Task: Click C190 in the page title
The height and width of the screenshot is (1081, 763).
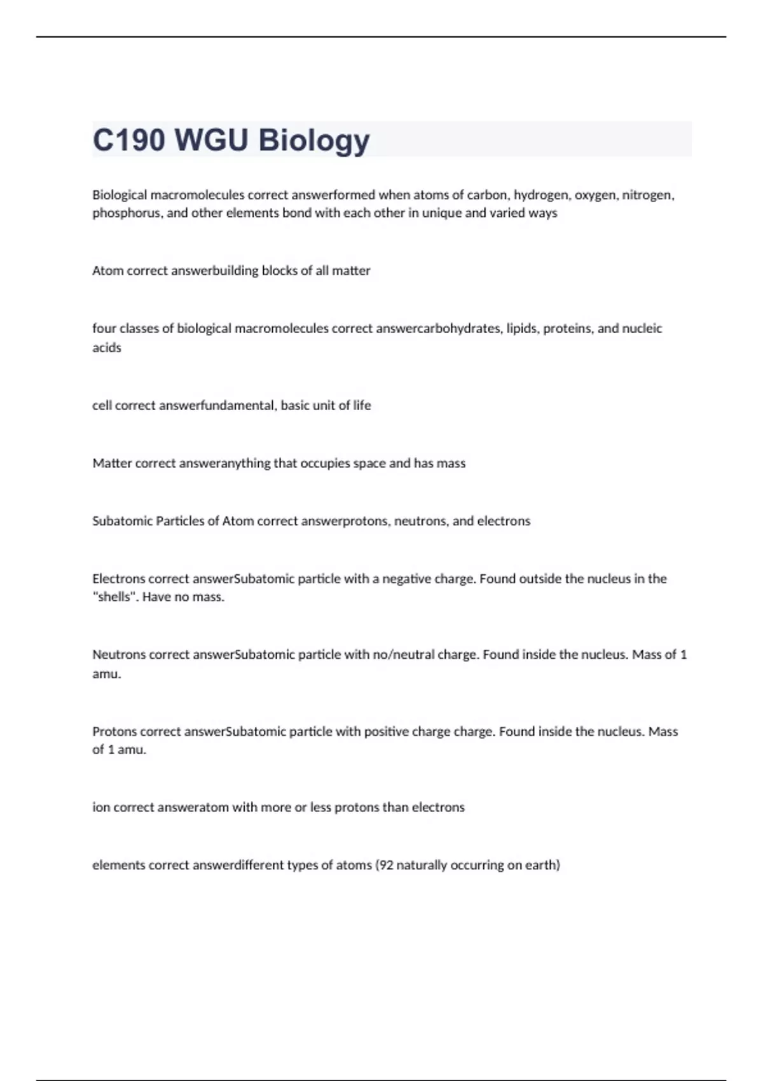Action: (x=129, y=140)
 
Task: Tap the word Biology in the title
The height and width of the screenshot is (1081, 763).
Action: (x=314, y=140)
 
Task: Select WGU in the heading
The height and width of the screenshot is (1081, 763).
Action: (x=211, y=140)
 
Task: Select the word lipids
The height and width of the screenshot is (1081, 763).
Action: (x=523, y=329)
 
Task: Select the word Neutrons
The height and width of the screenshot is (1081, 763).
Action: (x=119, y=655)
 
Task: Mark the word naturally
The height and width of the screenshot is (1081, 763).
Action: (x=422, y=865)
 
